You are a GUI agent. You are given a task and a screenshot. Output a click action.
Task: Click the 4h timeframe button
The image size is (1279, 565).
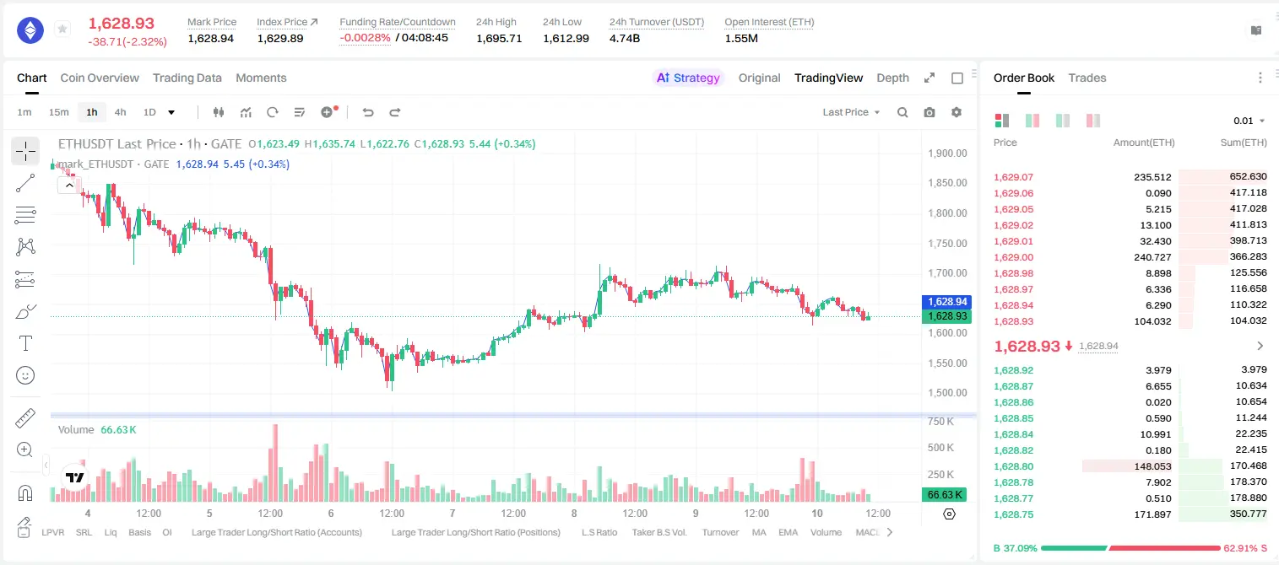(120, 112)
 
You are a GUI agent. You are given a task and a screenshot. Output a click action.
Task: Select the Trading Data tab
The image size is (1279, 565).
(187, 78)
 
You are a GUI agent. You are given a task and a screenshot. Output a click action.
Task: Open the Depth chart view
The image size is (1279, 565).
(892, 78)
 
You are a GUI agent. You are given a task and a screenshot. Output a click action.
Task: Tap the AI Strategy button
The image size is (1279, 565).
(688, 78)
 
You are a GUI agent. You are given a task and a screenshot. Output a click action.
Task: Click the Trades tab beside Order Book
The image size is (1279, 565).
(1087, 78)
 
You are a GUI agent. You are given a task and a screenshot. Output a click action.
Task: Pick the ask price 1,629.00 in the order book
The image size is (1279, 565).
(1014, 257)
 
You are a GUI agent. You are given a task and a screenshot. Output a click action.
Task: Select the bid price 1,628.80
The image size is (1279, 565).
(1014, 466)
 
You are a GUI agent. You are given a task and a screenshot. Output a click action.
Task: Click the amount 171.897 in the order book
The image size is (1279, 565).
(1152, 514)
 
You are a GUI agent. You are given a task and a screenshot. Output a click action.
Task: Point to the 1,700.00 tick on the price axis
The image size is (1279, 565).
(948, 273)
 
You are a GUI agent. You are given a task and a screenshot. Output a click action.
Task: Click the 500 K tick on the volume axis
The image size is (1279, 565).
(941, 448)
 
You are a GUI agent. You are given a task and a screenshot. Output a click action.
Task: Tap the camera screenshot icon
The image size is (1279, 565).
(929, 112)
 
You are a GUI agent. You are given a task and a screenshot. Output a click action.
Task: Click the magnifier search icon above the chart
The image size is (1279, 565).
(902, 112)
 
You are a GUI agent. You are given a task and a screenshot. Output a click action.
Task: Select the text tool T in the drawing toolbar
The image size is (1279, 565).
(25, 343)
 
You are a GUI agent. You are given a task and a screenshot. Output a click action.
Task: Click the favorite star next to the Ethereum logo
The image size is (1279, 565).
(62, 29)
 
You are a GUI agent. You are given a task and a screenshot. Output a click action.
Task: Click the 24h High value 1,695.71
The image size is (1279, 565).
(499, 39)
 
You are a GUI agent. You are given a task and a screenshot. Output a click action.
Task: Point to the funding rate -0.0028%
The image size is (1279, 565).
(366, 38)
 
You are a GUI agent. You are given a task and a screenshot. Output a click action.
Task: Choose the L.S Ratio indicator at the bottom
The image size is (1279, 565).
(599, 532)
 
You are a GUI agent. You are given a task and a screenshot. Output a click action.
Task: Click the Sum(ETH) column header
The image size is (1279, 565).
(1244, 143)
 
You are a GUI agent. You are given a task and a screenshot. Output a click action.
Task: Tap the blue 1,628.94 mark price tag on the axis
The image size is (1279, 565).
(946, 302)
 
